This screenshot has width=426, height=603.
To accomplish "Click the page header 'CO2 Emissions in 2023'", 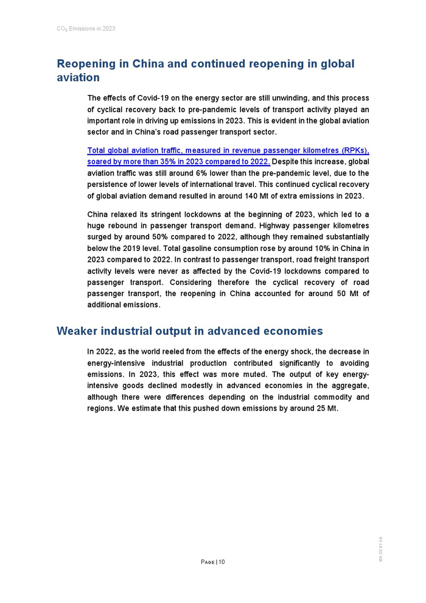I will [x=86, y=29].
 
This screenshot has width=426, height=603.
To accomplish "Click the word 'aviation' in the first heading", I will [x=78, y=78].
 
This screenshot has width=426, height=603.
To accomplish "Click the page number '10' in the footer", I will [x=222, y=562].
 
